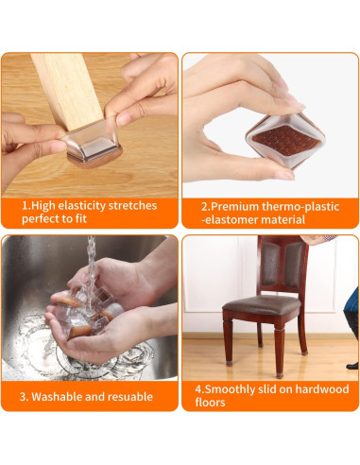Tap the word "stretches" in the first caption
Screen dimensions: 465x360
[133, 205]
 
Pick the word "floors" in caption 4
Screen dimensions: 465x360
[212, 403]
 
